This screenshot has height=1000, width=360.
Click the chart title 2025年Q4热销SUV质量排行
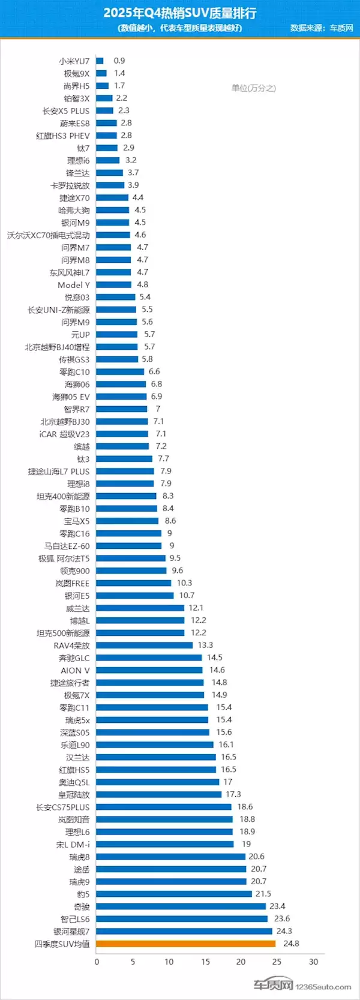click(x=179, y=13)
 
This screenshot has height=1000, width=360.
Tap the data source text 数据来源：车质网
click(x=322, y=28)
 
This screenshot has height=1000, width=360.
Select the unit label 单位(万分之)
click(x=253, y=88)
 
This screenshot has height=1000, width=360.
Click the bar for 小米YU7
click(x=100, y=61)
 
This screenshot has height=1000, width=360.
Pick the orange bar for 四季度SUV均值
click(x=185, y=944)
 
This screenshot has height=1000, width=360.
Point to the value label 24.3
click(x=284, y=931)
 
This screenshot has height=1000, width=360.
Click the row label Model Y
click(x=73, y=285)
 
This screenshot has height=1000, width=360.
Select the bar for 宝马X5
click(x=127, y=521)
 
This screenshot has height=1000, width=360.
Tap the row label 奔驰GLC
click(x=74, y=658)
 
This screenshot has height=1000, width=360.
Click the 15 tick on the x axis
click(x=205, y=962)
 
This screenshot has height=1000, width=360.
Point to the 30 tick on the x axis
click(x=313, y=962)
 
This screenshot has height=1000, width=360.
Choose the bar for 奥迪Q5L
click(x=157, y=782)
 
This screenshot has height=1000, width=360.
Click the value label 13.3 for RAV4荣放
click(x=205, y=645)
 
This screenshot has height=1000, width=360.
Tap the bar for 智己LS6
click(x=181, y=919)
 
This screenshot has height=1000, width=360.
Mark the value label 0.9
click(x=119, y=61)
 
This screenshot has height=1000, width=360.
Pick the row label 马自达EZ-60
click(x=67, y=546)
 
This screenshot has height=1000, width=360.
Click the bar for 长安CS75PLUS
click(x=163, y=807)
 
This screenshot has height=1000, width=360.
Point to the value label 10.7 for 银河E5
click(x=187, y=595)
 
